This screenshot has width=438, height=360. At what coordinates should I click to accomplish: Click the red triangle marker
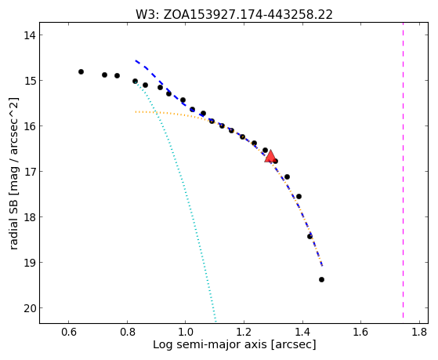click(x=270, y=157)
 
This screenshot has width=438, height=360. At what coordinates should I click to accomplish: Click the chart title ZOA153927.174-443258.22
click(x=248, y=14)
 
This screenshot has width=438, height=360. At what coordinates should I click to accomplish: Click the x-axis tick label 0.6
click(x=69, y=332)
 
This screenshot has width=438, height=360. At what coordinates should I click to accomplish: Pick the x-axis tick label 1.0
click(x=186, y=332)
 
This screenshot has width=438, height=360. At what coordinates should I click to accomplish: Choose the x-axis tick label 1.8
click(x=419, y=332)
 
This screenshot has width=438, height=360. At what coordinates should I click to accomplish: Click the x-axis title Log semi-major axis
click(x=210, y=344)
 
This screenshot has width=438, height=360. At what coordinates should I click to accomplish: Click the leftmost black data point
click(x=81, y=72)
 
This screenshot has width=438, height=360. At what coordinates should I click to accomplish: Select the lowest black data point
click(x=321, y=279)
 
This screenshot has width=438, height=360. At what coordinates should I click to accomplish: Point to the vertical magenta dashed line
click(x=403, y=170)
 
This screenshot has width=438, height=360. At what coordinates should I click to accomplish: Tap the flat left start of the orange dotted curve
click(x=136, y=112)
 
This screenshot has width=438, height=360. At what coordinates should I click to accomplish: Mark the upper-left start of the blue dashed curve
click(x=136, y=60)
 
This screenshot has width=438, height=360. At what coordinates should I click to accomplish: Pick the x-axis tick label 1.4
click(x=302, y=332)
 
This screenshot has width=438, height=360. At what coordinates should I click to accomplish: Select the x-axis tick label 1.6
click(x=360, y=332)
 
